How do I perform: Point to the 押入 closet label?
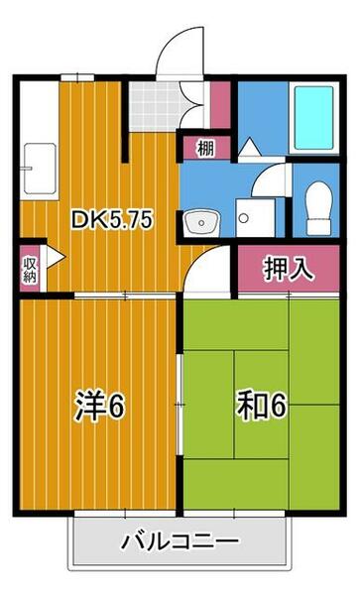pyautogui.click(x=288, y=268)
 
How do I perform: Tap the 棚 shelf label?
pyautogui.click(x=204, y=150)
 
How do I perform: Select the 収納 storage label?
pyautogui.click(x=30, y=268)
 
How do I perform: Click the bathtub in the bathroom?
pyautogui.click(x=314, y=118)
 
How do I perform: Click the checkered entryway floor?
pyautogui.click(x=151, y=103)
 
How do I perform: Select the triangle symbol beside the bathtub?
pyautogui.click(x=248, y=147)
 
